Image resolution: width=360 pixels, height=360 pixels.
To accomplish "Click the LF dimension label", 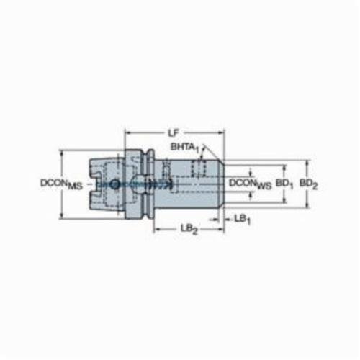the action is tap(173, 133).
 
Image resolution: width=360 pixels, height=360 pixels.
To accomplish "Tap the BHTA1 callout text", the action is tap(185, 148).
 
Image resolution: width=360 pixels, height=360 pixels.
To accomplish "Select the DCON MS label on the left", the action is tap(61, 184).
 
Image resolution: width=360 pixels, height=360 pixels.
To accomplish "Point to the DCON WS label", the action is tap(251, 184).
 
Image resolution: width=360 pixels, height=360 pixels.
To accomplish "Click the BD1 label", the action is tap(284, 184).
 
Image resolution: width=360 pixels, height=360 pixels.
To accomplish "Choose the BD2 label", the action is tap(309, 184).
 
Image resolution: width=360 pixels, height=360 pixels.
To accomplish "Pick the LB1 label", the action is tap(242, 220).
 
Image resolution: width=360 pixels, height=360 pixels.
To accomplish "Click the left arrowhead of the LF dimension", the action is tap(128, 132).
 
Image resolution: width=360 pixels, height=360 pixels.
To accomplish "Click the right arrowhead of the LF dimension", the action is tap(221, 132).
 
